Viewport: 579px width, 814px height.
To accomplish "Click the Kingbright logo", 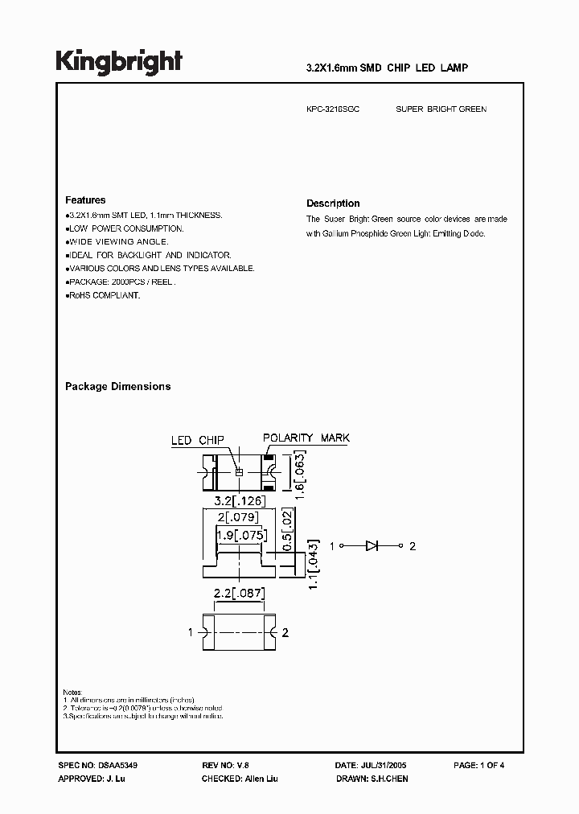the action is [119, 62].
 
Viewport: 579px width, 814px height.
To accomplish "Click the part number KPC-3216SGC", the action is [333, 109].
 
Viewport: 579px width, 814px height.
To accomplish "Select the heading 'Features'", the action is [85, 200].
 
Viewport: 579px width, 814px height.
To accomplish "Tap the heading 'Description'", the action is [333, 203].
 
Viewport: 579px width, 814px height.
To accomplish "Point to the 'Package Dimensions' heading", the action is [118, 387].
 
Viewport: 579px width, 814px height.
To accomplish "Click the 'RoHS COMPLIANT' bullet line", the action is [103, 296].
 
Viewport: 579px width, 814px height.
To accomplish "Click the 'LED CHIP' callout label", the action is [197, 441].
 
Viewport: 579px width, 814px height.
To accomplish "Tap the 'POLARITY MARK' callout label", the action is [306, 438].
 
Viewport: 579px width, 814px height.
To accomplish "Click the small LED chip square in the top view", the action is [238, 472].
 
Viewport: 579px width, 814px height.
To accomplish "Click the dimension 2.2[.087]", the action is [238, 594].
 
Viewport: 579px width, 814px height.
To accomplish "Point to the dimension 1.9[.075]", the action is [239, 534].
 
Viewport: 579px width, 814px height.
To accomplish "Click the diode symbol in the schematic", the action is [372, 546].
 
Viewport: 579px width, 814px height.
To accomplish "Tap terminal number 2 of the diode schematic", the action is [413, 547].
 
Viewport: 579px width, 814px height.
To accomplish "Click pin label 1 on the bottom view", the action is [191, 633].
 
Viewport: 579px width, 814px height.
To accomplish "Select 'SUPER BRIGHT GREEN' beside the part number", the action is [441, 109].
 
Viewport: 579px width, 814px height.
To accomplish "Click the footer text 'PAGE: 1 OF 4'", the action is [479, 766].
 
